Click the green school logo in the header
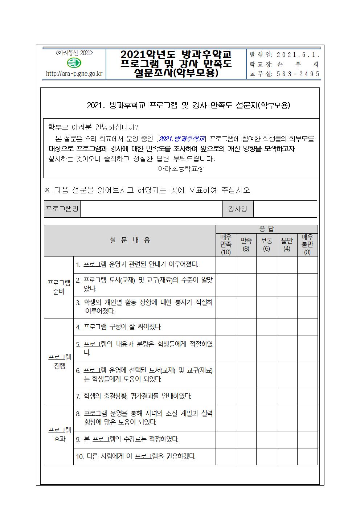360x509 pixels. [x=74, y=63]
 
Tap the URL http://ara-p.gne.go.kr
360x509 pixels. [x=74, y=74]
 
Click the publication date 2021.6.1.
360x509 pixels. [x=298, y=55]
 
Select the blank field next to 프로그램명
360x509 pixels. [x=151, y=209]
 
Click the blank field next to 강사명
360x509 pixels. [x=285, y=209]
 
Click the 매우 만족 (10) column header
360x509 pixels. [x=226, y=245]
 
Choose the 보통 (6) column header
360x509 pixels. [x=267, y=245]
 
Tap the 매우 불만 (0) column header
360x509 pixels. [x=307, y=245]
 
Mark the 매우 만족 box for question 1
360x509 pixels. [x=226, y=265]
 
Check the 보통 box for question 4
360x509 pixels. [x=267, y=327]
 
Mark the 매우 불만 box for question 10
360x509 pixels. [x=307, y=456]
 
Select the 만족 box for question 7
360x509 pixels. [x=246, y=396]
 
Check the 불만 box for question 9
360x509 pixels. [x=287, y=439]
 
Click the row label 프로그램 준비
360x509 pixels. [x=59, y=287]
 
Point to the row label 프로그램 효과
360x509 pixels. [x=60, y=435]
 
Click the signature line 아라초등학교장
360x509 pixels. [x=181, y=169]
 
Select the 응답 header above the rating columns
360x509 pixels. [x=267, y=229]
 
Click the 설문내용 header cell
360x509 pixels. [x=130, y=240]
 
